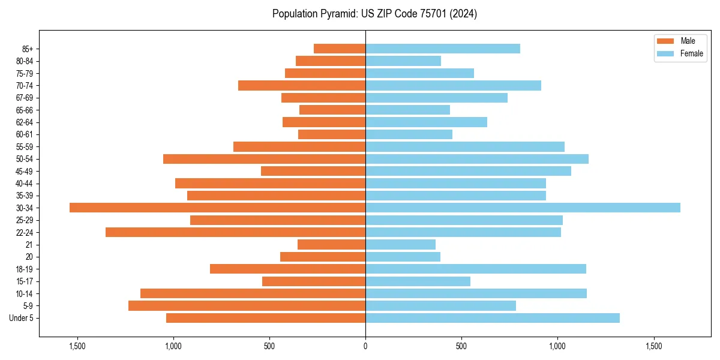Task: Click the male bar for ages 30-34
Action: point(217,208)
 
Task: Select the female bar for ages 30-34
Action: point(523,208)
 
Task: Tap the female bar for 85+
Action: point(443,49)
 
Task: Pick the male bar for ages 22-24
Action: point(235,232)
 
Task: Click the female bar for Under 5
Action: point(492,318)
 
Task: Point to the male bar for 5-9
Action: point(247,306)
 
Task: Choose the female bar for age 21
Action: point(400,245)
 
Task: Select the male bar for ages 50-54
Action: point(264,159)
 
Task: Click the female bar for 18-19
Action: point(475,269)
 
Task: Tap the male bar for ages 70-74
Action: point(302,85)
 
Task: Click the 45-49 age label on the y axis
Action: point(25,171)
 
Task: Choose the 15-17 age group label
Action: point(25,281)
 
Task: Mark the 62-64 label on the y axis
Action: point(25,122)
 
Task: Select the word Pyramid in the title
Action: point(337,14)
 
